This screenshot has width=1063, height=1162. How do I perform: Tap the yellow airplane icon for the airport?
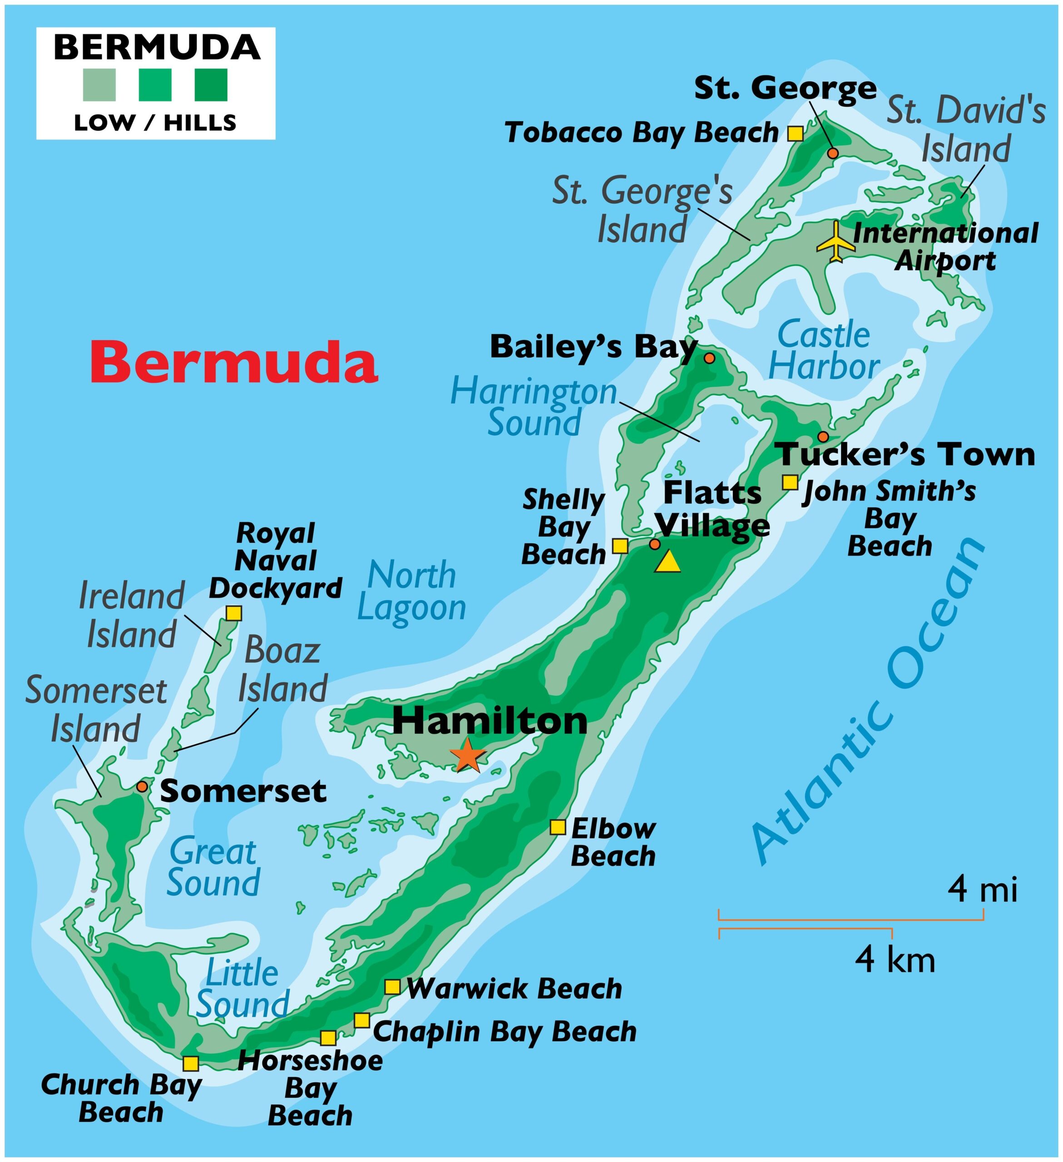836,241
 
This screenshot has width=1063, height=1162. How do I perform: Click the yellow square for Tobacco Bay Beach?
795,133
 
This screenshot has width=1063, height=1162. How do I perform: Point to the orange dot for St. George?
833,153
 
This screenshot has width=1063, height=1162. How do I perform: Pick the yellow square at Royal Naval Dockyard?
233,613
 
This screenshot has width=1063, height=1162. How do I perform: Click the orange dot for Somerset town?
142,787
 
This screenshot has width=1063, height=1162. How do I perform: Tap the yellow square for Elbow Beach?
558,827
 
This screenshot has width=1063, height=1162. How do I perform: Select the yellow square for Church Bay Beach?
190,1064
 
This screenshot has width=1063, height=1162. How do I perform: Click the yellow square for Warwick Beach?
392,987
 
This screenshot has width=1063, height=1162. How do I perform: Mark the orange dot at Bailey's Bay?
710,358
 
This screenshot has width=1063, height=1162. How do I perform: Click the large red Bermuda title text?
233,362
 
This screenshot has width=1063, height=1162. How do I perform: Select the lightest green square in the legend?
99,85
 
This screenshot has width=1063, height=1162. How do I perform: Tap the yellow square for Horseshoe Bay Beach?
328,1038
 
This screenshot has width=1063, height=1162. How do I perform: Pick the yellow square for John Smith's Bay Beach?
790,482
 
